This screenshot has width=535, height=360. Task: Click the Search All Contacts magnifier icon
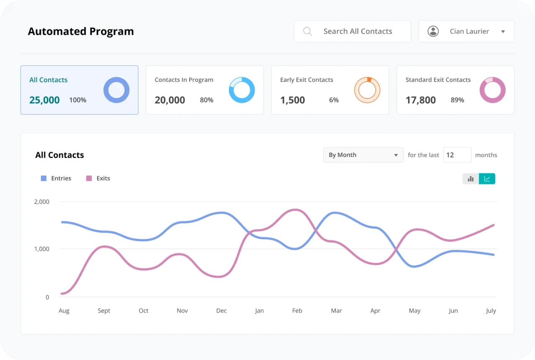(307, 31)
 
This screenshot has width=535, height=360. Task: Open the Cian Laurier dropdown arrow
(503, 31)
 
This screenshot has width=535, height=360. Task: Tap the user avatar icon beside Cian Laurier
(433, 31)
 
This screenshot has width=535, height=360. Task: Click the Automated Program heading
(81, 31)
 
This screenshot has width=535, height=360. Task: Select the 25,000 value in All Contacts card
(44, 100)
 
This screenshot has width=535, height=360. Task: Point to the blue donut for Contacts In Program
(242, 90)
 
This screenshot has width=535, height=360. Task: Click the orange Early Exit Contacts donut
(367, 90)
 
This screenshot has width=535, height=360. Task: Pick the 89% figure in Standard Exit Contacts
(457, 100)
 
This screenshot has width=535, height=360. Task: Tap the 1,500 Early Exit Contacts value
(292, 100)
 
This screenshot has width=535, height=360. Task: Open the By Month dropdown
(363, 155)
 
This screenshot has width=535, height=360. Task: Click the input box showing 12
(457, 155)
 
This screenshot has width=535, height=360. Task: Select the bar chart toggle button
(470, 179)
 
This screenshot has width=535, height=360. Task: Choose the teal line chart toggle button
(487, 179)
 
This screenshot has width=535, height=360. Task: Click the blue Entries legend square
(44, 178)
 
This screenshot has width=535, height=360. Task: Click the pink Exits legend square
(89, 178)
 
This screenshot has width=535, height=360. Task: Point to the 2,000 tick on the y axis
(42, 201)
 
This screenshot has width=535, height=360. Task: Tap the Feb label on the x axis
(297, 310)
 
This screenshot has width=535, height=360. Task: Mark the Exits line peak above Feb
(296, 209)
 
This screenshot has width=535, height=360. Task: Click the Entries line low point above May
(414, 266)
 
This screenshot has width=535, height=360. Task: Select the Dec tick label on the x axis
(221, 310)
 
